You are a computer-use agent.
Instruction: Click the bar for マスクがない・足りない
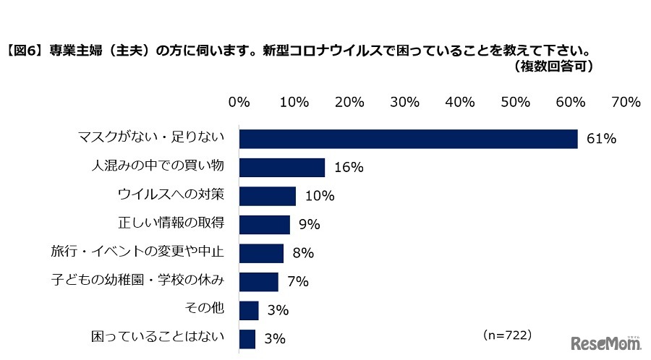(x=408, y=139)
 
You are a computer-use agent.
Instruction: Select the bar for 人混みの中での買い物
(x=282, y=168)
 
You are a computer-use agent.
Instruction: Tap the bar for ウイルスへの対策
(x=268, y=196)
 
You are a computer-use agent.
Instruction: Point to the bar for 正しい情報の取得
(x=265, y=224)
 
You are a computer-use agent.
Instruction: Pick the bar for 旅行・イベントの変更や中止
(x=261, y=253)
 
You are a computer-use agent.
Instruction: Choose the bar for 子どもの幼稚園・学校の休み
(x=259, y=281)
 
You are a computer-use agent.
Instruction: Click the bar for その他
(x=249, y=310)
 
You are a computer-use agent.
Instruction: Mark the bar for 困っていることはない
(x=247, y=338)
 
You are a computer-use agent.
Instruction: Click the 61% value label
(x=601, y=139)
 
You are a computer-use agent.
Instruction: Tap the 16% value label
(x=348, y=168)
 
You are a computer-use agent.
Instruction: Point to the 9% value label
(x=310, y=225)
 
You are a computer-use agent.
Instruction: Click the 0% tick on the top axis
(x=239, y=102)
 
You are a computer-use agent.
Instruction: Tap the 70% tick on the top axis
(x=626, y=102)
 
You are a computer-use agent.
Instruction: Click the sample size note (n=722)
(x=506, y=335)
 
